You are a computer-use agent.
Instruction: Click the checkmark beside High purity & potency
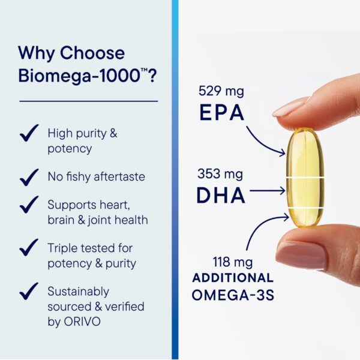pos(29,133)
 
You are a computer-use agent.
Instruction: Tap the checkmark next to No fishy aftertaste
pos(29,177)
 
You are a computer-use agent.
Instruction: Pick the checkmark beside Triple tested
pos(29,247)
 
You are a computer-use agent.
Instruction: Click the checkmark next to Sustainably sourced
pos(29,291)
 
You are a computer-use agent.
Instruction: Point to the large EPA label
pos(221,112)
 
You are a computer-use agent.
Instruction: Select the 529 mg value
pos(220,91)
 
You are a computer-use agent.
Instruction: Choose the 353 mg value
pos(220,173)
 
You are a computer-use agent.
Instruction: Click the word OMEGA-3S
pos(232,295)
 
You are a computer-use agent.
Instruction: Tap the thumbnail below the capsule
pos(300,254)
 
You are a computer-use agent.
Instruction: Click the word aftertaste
pos(116,177)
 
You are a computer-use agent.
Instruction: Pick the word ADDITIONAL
pos(233,278)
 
